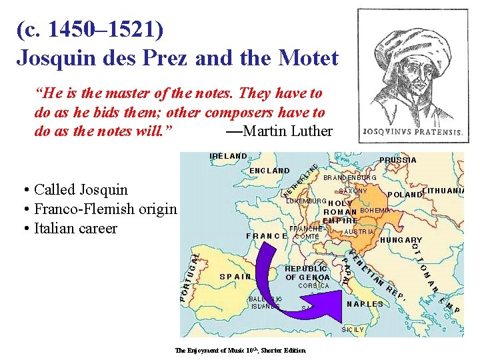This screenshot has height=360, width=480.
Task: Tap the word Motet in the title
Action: click(x=306, y=57)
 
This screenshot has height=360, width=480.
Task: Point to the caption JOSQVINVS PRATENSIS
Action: click(x=411, y=132)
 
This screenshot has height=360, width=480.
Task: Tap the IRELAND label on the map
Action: click(x=228, y=156)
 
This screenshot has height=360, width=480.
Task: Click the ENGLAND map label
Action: click(x=269, y=171)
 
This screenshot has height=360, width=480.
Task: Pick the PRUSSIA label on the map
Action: click(x=397, y=160)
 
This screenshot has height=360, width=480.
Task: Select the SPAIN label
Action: click(x=235, y=276)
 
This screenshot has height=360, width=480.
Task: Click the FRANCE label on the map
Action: click(x=266, y=236)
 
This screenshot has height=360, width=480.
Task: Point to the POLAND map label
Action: click(x=405, y=195)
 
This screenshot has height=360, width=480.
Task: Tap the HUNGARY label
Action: click(x=401, y=240)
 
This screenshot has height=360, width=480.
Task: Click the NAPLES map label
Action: click(x=365, y=304)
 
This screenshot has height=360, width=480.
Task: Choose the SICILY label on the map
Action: click(x=353, y=329)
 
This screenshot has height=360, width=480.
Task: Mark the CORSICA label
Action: click(x=313, y=286)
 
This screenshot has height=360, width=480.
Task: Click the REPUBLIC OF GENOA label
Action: click(x=307, y=273)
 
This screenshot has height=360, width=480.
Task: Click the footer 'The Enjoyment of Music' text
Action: click(x=240, y=351)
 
